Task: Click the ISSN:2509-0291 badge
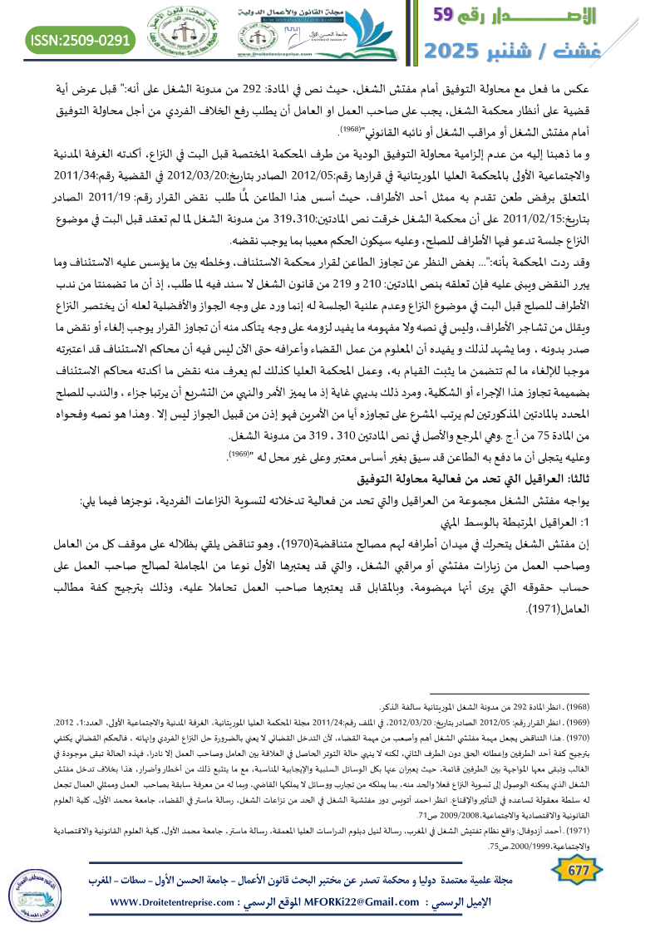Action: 81,39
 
